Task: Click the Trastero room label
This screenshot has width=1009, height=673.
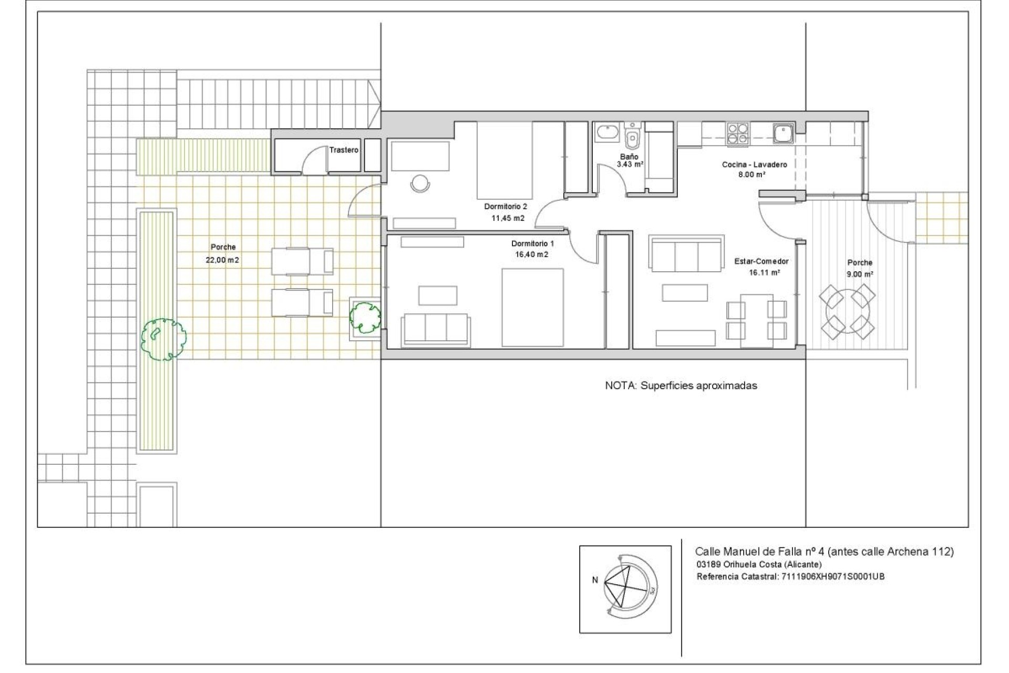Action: pos(344,150)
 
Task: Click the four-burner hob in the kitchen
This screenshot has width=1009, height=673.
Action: pos(738,134)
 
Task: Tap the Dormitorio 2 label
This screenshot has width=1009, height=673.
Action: pos(505,207)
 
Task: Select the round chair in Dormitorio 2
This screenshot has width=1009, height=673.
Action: pos(420,183)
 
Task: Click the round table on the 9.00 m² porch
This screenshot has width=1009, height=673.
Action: pos(847,312)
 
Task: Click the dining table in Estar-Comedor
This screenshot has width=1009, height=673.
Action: pos(756,320)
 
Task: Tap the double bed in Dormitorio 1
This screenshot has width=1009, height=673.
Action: pos(532,308)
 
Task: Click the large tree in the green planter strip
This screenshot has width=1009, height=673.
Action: pos(163,339)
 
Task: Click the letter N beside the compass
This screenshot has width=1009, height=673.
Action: pos(595,580)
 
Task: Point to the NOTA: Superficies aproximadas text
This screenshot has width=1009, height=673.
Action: pos(681,385)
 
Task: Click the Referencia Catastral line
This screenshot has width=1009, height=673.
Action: pos(790,577)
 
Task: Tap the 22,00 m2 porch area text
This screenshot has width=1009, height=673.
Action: pos(223,260)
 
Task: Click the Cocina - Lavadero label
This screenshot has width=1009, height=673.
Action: pos(754,165)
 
